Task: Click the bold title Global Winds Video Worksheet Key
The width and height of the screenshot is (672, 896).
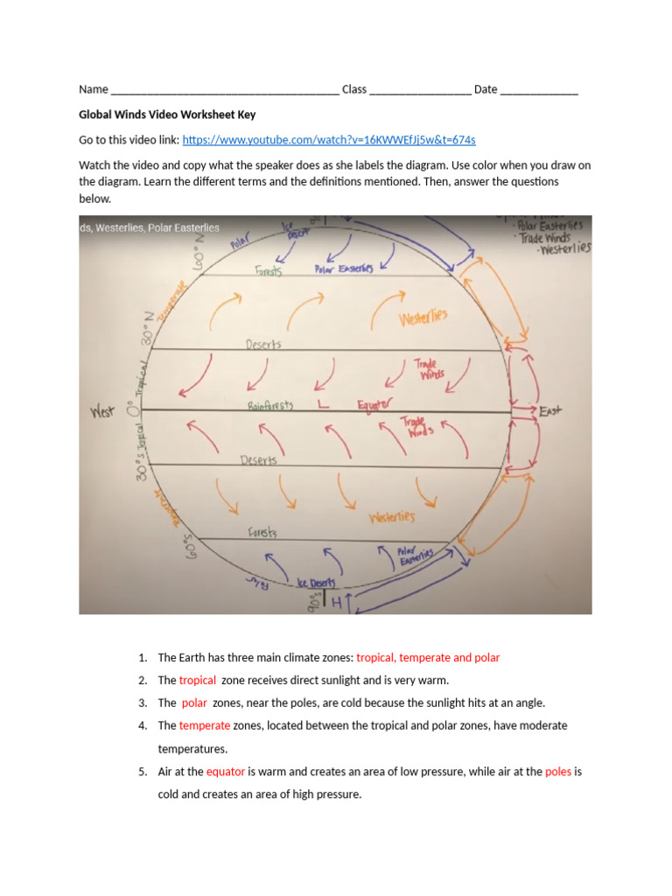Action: point(167,115)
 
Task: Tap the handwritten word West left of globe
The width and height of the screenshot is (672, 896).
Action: point(102,412)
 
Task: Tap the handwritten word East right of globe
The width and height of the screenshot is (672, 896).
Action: point(551,410)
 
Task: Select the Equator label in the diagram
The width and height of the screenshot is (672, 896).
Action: point(375,404)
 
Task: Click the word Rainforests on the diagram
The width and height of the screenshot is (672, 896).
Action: point(269,405)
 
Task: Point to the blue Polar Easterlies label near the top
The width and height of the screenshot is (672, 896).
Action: point(343,269)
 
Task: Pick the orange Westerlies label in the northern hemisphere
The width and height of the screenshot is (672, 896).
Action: point(423,317)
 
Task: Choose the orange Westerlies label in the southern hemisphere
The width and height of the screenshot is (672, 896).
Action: point(391,517)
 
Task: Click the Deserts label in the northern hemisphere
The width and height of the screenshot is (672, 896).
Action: point(263,345)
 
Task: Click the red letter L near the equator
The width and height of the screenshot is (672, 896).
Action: point(323,405)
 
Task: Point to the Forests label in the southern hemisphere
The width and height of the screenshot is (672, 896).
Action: point(262,532)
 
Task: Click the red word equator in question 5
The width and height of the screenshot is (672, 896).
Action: point(226,772)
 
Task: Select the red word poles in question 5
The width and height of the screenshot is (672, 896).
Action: point(559,772)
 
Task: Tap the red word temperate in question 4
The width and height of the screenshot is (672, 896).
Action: point(205,725)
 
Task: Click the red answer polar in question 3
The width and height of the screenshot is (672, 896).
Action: point(194,703)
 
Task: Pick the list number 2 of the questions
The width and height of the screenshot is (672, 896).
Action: point(143,680)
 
